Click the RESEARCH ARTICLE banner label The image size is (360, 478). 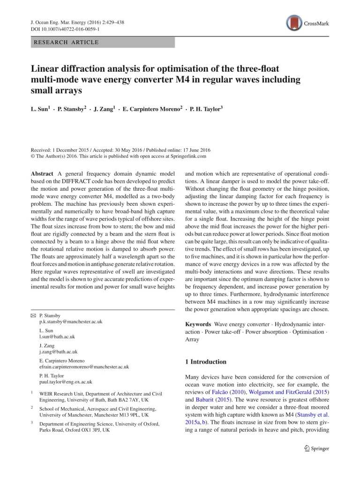tap(65, 42)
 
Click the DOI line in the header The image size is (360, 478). tap(62, 29)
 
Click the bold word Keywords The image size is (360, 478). tap(198, 324)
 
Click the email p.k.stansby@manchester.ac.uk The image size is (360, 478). tap(71, 322)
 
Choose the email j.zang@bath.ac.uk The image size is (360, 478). tap(59, 351)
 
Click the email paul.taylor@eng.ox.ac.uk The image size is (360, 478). tap(66, 382)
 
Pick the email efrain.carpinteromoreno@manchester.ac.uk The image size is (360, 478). tap(84, 367)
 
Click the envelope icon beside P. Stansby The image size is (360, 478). tap(33, 316)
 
